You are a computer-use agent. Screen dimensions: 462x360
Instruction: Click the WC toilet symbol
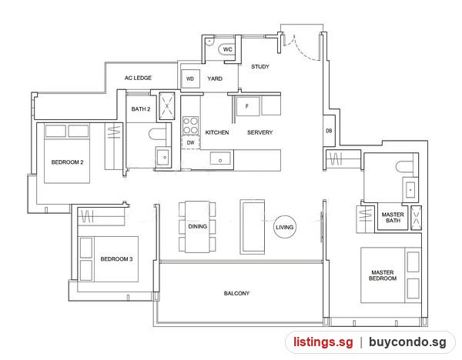click(226, 49)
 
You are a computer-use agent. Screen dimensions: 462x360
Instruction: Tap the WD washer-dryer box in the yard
click(190, 78)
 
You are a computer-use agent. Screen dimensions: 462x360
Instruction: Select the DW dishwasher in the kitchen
click(191, 142)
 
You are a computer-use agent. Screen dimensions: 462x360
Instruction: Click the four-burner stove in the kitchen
click(190, 125)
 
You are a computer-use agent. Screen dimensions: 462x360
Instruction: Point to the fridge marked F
click(247, 106)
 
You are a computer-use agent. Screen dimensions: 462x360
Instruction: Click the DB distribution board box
click(329, 131)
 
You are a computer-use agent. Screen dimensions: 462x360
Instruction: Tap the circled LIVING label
click(284, 227)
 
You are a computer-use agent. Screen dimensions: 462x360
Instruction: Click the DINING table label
click(197, 226)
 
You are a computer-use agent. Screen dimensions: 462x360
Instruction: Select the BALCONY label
click(236, 293)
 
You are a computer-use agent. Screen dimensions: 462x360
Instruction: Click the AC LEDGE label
click(138, 78)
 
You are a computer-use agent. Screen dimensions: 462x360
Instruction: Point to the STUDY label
click(260, 66)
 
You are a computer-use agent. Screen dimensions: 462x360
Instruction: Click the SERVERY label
click(260, 132)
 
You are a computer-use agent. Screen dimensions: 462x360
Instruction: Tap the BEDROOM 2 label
click(67, 162)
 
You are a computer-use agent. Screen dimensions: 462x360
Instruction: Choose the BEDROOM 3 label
click(116, 259)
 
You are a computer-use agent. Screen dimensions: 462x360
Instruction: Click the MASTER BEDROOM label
click(383, 275)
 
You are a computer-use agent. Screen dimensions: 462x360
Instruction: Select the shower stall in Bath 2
click(167, 106)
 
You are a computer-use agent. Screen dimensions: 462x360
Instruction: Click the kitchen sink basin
click(220, 158)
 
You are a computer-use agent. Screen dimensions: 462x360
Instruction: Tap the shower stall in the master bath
click(416, 218)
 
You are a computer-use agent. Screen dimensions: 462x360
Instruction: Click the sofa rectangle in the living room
click(253, 227)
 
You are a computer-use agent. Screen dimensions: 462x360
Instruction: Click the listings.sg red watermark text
click(323, 342)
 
